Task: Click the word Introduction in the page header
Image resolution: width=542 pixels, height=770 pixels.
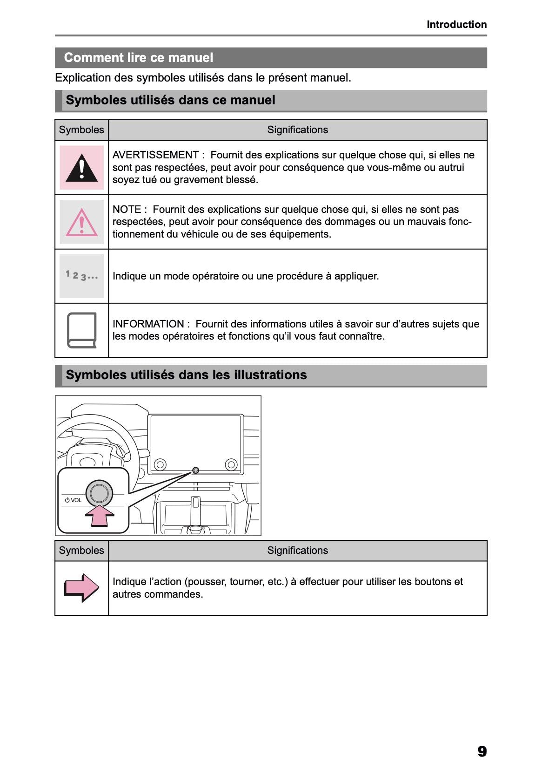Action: click(x=456, y=25)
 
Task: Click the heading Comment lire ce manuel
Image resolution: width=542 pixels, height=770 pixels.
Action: click(x=139, y=58)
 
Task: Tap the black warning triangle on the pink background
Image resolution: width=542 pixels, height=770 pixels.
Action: click(x=82, y=168)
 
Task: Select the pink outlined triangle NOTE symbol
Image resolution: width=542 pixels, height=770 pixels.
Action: click(x=82, y=223)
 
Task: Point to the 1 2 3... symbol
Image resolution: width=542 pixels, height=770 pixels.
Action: click(x=82, y=276)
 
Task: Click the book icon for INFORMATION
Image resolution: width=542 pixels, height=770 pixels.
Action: click(x=82, y=330)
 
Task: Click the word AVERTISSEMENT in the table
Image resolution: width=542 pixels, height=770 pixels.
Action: click(x=155, y=155)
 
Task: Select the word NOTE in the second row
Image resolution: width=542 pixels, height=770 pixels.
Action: click(x=127, y=210)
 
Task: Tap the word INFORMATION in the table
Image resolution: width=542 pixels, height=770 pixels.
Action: click(x=148, y=324)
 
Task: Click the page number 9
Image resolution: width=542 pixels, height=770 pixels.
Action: click(x=482, y=751)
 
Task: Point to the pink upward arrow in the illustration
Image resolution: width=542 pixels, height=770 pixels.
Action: click(x=100, y=516)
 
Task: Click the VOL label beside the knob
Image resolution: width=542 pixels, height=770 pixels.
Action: click(x=76, y=500)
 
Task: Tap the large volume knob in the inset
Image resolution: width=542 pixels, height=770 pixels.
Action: click(x=99, y=493)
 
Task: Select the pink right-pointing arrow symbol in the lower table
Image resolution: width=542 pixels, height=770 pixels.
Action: click(x=82, y=588)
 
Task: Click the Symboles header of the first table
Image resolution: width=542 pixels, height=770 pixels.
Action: click(x=81, y=130)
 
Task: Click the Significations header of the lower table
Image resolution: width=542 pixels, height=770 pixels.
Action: click(x=297, y=551)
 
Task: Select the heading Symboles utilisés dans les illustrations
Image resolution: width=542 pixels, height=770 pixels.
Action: click(x=186, y=375)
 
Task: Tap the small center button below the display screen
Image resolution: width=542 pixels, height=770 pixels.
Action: click(x=196, y=470)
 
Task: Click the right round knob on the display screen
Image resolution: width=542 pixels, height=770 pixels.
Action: click(x=231, y=464)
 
